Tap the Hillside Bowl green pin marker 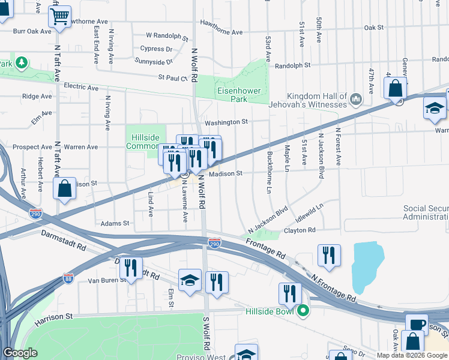tap(304, 311)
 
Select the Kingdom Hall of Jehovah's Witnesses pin tap(355, 97)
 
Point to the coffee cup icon tap(416, 325)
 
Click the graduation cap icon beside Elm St tap(190, 280)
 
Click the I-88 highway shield tap(68, 278)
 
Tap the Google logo tap(20, 353)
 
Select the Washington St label tap(226, 122)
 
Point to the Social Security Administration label tap(426, 212)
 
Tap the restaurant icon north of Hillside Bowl tap(290, 293)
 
